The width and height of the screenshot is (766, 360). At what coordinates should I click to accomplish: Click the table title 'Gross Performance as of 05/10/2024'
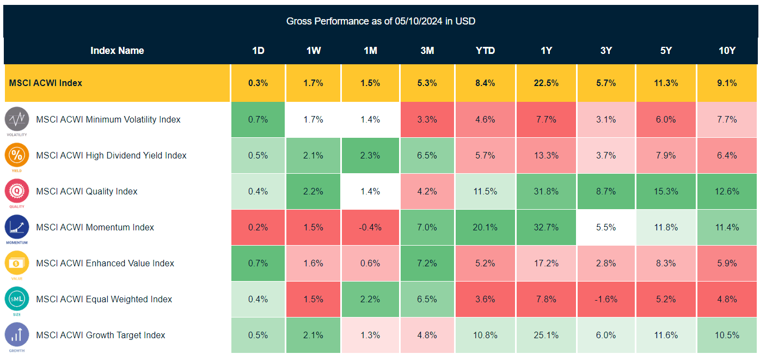coord(381,21)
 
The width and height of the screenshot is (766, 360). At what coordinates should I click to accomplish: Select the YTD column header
coord(485,51)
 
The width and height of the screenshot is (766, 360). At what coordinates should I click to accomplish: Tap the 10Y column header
coord(727,51)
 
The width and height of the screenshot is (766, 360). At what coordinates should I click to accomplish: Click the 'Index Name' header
coord(117,51)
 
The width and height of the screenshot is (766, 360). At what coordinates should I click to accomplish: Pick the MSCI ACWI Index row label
coord(46,83)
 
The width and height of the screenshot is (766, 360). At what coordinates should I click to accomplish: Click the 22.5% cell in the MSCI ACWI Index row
coord(546,83)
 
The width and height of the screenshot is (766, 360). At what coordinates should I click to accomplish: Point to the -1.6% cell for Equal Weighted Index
coord(606,299)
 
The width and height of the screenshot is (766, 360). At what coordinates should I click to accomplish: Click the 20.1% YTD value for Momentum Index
coord(485,227)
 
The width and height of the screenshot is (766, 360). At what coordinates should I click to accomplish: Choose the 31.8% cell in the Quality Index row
coord(546,191)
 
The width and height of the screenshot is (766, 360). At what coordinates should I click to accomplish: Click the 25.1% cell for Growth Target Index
coord(546,335)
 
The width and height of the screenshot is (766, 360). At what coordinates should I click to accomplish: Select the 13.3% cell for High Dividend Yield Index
coord(546,155)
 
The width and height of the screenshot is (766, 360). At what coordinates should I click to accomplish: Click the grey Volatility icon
coord(16,118)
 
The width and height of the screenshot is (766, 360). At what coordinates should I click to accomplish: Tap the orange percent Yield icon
coord(16,154)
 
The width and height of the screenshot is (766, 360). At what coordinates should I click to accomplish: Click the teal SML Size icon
coord(16,298)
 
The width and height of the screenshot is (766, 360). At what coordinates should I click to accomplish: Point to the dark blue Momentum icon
coord(16,226)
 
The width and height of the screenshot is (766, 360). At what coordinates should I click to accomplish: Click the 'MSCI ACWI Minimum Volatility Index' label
coord(108,119)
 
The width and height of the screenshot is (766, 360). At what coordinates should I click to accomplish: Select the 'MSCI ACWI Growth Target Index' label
coord(101,335)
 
